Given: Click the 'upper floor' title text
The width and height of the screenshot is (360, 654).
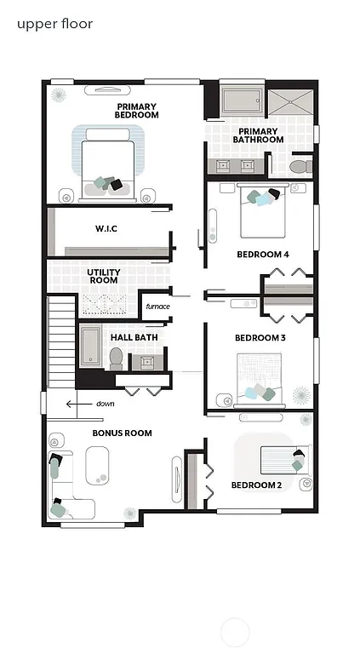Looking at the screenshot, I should pyautogui.click(x=55, y=24).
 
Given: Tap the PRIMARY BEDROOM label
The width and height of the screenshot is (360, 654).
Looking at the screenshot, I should pyautogui.click(x=138, y=110).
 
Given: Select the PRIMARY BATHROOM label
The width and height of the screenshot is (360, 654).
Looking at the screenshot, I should pyautogui.click(x=260, y=135).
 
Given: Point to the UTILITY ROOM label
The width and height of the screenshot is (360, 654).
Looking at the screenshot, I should pyautogui.click(x=104, y=276).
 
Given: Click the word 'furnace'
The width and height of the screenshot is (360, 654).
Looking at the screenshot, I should pyautogui.click(x=157, y=307).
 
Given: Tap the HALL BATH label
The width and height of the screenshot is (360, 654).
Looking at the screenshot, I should pyautogui.click(x=134, y=337).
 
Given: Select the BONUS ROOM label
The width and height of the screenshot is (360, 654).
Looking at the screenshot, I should pyautogui.click(x=123, y=433).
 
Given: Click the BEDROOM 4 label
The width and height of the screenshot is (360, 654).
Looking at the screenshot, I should pyautogui.click(x=262, y=254).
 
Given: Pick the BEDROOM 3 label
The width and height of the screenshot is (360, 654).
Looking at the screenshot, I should pyautogui.click(x=260, y=338).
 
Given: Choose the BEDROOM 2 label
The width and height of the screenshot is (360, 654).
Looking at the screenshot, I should pyautogui.click(x=256, y=486).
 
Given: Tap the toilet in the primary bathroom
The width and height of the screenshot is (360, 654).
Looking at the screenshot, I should pyautogui.click(x=299, y=165).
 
